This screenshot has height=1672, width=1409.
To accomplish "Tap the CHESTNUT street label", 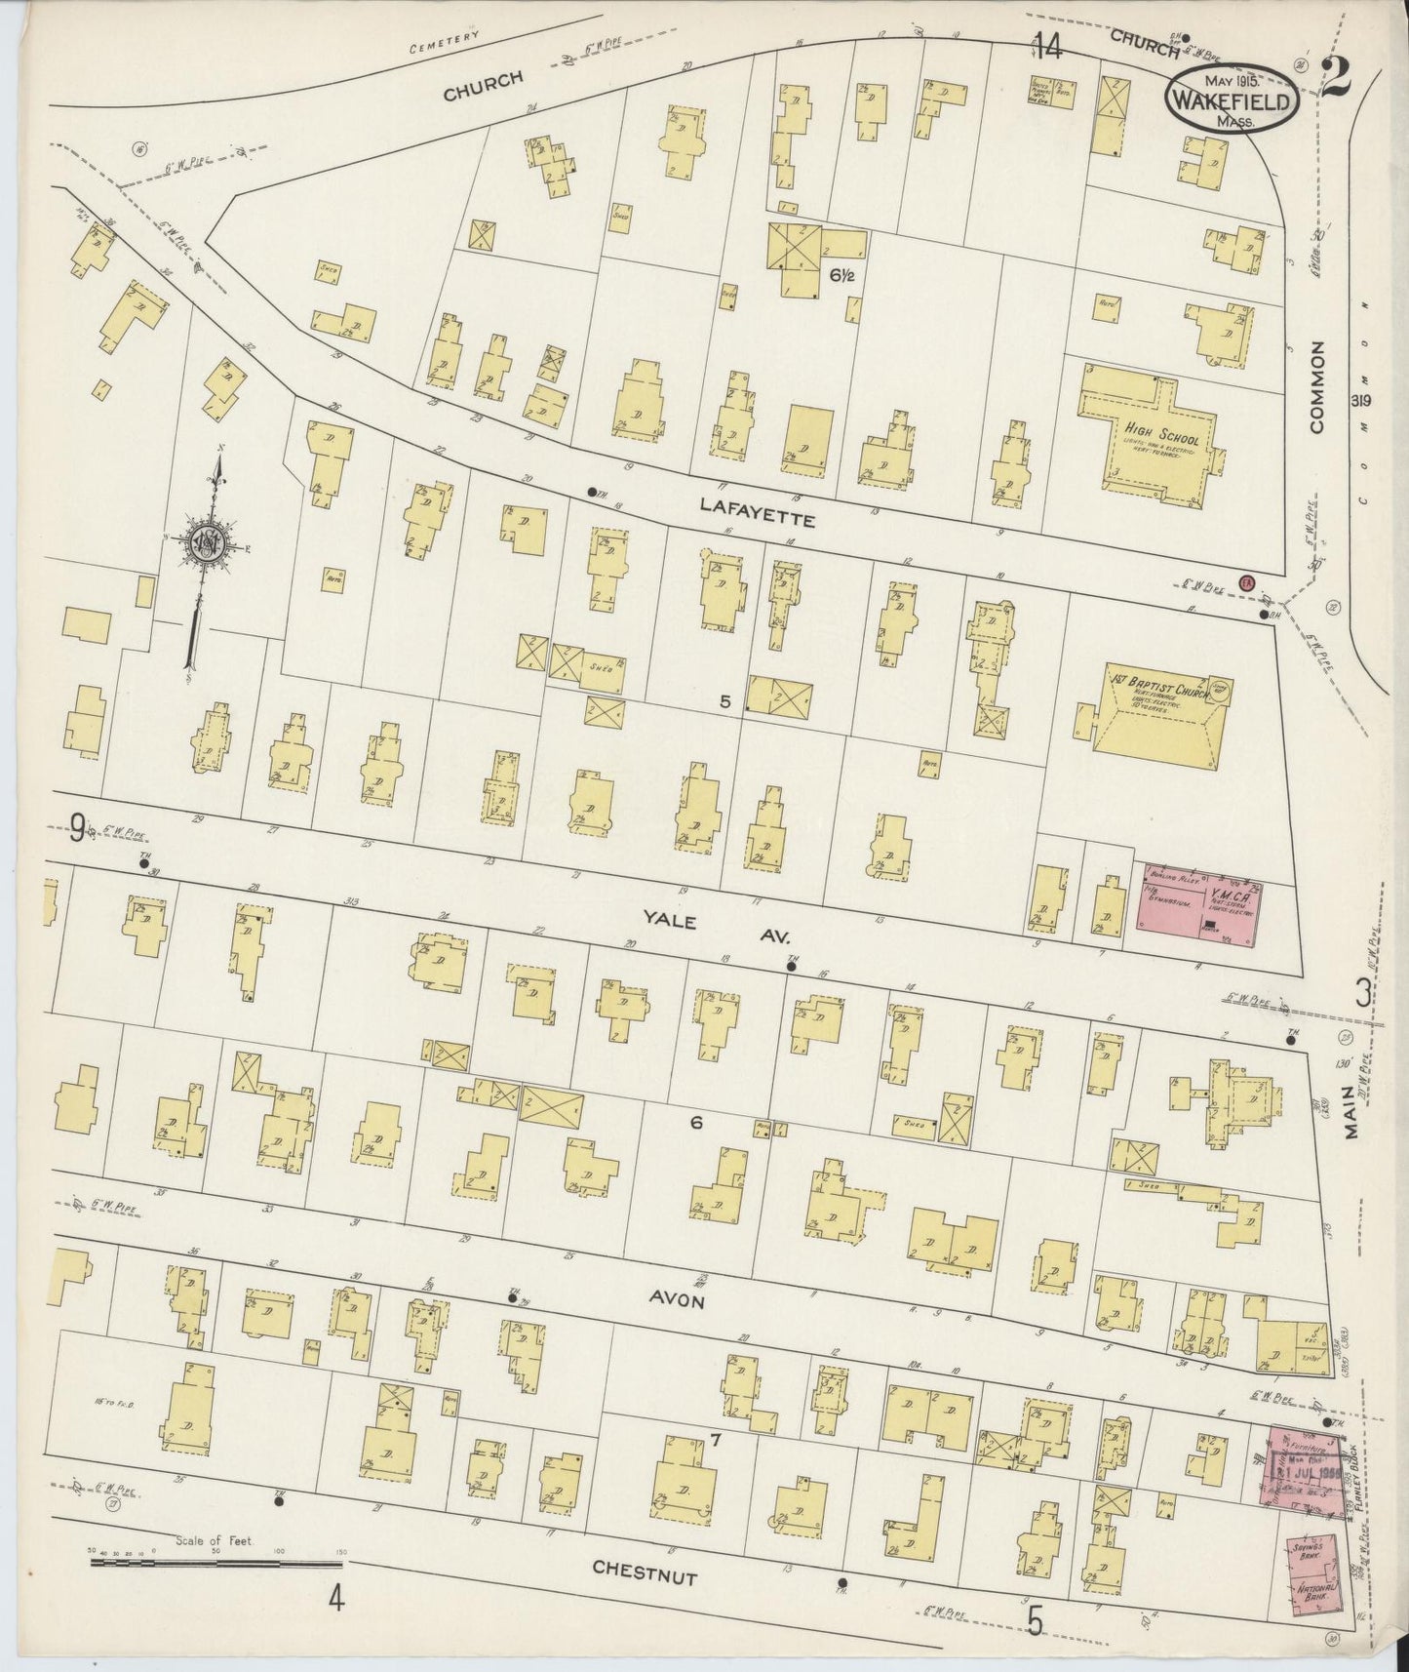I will (645, 1571).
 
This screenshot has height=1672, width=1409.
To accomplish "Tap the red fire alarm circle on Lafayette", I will (1245, 582).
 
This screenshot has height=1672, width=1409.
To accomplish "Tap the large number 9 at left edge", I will (77, 828).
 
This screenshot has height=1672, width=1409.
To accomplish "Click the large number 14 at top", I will (1048, 46).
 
